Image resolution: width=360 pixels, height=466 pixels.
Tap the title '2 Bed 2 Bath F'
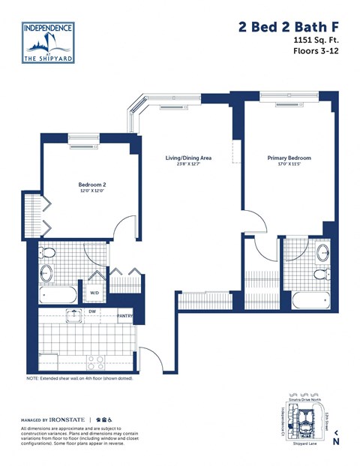coord(289,28)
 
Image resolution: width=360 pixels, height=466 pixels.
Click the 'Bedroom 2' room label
coord(92,185)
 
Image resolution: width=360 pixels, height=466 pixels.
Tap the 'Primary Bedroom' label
coord(289,158)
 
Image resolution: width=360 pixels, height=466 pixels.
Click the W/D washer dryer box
coord(94,292)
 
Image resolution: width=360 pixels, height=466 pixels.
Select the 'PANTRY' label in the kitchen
coord(124,316)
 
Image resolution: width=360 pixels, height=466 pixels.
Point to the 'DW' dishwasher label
coord(92,311)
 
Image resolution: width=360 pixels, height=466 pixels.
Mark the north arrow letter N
coord(335,441)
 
